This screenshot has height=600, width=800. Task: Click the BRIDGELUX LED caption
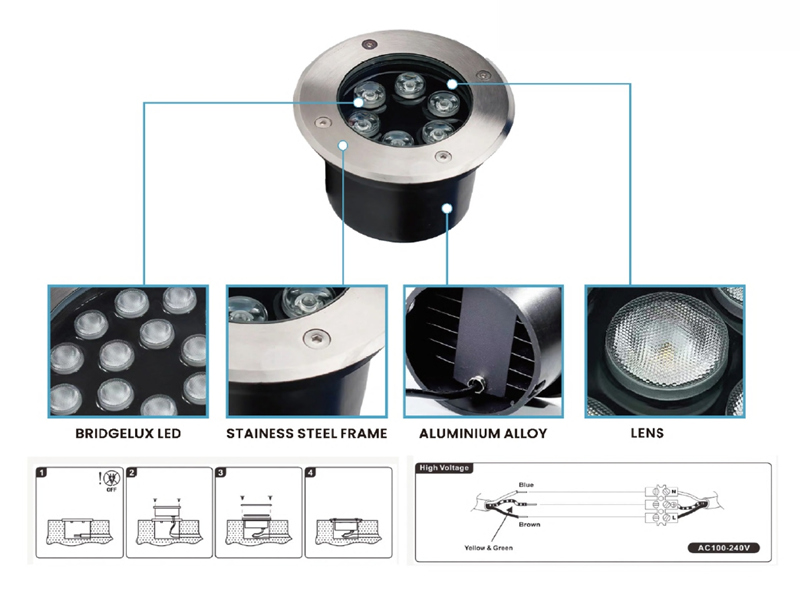tap(128, 434)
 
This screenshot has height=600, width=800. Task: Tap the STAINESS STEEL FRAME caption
tap(307, 434)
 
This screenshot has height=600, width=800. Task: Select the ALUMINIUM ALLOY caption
tap(483, 434)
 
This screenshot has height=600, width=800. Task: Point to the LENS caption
tap(647, 433)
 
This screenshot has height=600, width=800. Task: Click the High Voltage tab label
tap(444, 468)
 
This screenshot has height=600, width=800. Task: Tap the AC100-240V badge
tap(724, 548)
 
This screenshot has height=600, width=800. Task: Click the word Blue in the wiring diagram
tap(526, 485)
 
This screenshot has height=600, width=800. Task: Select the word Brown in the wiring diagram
tap(529, 524)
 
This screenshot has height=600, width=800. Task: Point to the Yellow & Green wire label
tap(488, 548)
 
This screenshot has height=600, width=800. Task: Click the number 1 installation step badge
tap(42, 472)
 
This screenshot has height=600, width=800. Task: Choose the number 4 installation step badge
tap(310, 472)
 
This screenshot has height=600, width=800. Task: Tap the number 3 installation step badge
tap(221, 472)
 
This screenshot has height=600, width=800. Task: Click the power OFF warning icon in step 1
tap(111, 480)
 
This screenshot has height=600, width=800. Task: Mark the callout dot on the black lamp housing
tap(447, 208)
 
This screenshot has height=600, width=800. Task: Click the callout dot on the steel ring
tap(343, 145)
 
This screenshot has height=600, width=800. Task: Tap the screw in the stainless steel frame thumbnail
tap(316, 338)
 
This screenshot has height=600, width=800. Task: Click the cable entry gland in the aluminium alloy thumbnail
tap(478, 383)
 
